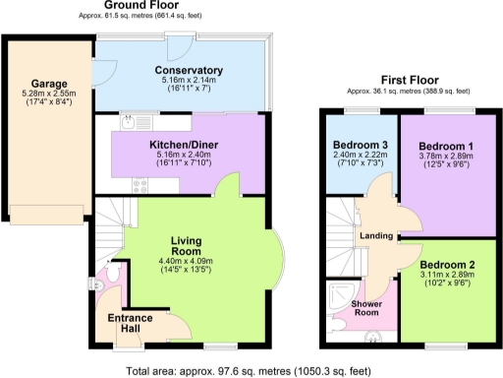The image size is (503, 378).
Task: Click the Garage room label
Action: pyautogui.click(x=48, y=84)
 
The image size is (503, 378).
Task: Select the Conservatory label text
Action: pyautogui.click(x=190, y=71)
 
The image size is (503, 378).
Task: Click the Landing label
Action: pyautogui.click(x=376, y=236)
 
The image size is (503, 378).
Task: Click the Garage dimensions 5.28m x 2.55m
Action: pyautogui.click(x=48, y=95)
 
